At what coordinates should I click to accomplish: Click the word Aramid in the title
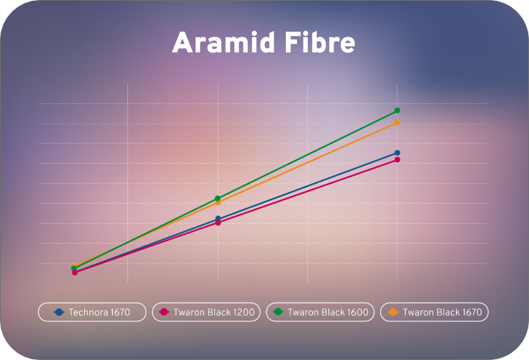[223, 42]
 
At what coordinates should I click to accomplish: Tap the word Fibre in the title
[320, 42]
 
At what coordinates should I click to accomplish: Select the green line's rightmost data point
[397, 110]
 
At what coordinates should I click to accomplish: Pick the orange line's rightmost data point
[397, 123]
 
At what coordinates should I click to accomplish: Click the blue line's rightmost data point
[397, 153]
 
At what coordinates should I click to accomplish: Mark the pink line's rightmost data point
[397, 160]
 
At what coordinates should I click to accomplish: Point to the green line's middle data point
[218, 198]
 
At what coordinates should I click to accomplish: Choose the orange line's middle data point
[218, 202]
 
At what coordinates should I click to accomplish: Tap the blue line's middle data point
[218, 218]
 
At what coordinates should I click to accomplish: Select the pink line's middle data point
[218, 223]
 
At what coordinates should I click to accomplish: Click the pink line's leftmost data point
[75, 273]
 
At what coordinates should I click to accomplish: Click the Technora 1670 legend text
[99, 312]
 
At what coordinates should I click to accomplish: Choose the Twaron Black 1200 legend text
[214, 312]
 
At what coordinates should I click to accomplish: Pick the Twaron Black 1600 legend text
[328, 312]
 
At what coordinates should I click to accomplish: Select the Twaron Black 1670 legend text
[442, 312]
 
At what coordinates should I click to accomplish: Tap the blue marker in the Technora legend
[59, 312]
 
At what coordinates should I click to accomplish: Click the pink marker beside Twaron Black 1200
[164, 312]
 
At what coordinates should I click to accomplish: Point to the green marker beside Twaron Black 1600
[278, 312]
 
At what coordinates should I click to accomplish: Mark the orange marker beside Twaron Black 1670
[393, 312]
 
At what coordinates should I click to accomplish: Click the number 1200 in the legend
[244, 312]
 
